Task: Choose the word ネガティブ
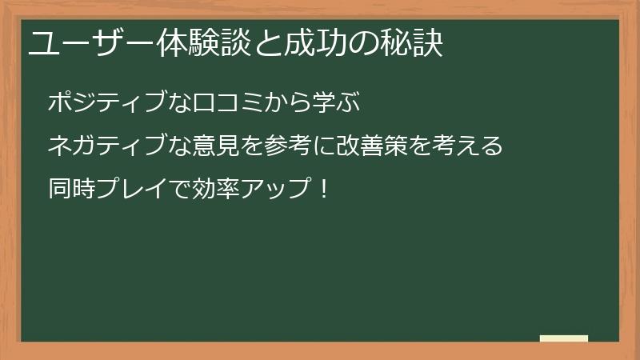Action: click(x=109, y=146)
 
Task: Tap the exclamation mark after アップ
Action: click(x=323, y=190)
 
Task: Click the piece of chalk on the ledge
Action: click(x=563, y=338)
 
